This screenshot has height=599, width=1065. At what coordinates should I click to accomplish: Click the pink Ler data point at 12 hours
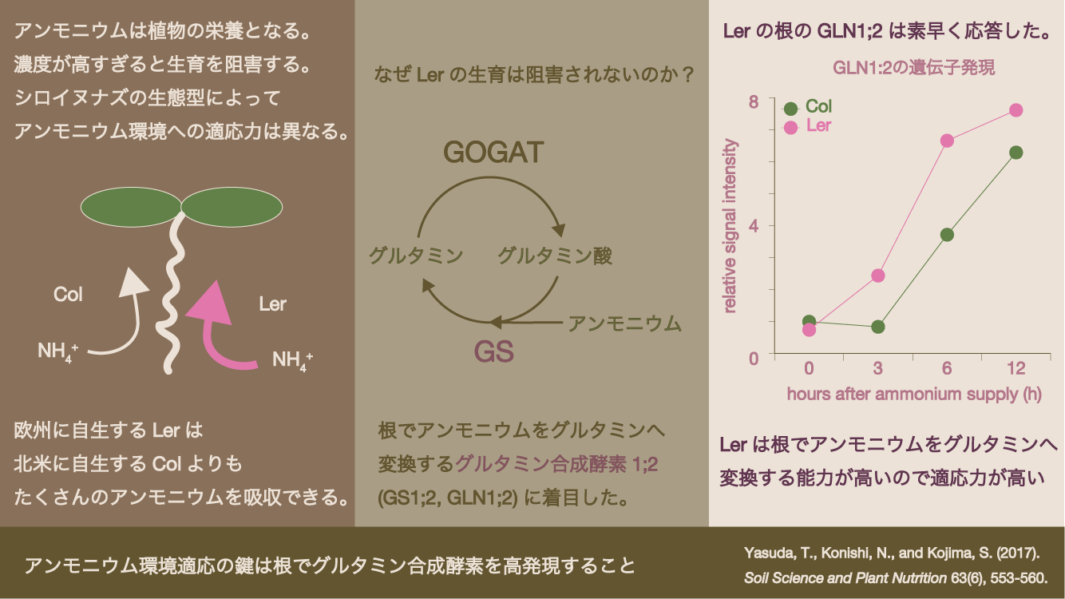(1016, 110)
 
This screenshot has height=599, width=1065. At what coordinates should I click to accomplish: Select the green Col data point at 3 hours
(878, 327)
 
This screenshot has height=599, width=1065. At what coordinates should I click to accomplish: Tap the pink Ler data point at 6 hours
(947, 141)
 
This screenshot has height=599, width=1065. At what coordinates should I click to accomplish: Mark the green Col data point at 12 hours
(1016, 153)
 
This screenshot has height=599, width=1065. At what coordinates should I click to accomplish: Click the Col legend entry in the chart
(807, 107)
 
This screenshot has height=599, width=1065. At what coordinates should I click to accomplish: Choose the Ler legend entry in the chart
(807, 126)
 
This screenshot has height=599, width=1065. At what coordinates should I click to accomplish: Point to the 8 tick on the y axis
(754, 101)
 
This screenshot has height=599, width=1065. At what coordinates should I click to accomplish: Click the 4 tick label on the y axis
(754, 225)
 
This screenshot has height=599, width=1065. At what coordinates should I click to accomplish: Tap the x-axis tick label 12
(1016, 368)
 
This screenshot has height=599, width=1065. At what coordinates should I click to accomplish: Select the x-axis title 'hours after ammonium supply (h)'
(914, 395)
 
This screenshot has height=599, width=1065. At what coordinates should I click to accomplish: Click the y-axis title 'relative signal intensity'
(729, 225)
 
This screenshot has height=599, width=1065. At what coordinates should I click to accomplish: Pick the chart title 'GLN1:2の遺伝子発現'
(913, 68)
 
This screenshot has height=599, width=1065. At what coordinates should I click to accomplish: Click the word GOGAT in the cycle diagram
(493, 153)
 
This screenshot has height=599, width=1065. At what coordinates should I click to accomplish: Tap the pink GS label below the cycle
(494, 352)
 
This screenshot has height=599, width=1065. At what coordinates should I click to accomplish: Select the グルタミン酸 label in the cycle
(555, 256)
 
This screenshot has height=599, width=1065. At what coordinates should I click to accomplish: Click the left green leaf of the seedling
(131, 207)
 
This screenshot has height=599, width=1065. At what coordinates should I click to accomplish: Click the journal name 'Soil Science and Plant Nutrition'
(845, 577)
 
